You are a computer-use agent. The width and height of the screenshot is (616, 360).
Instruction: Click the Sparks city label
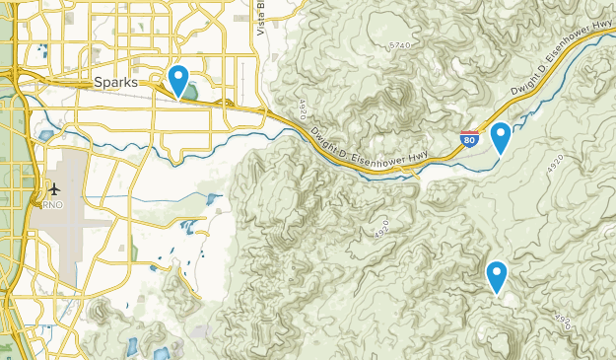(116, 82)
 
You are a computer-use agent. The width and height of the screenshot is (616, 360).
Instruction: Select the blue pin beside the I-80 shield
(501, 137)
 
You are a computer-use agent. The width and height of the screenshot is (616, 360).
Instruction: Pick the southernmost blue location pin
(497, 276)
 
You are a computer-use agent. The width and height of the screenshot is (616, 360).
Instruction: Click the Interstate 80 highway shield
(469, 140)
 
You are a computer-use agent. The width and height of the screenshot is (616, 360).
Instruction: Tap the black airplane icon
(53, 188)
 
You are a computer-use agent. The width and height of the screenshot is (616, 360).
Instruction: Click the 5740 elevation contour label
(399, 45)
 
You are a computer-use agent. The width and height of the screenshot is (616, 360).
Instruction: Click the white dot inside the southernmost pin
(497, 271)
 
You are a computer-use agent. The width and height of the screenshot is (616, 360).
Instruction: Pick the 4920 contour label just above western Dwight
(304, 106)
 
